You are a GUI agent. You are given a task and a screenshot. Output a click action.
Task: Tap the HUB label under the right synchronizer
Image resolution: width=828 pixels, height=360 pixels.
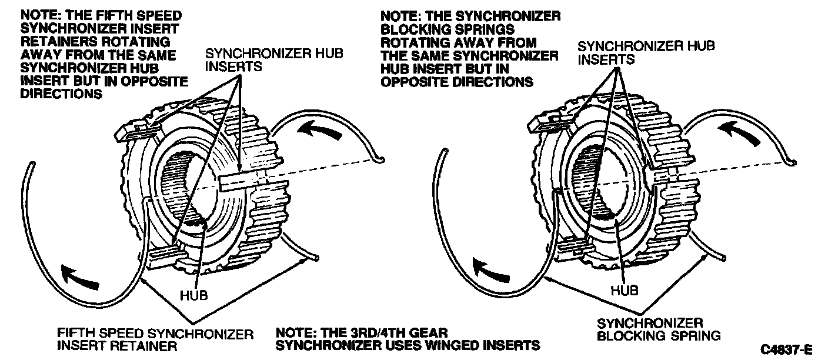pyautogui.click(x=625, y=290)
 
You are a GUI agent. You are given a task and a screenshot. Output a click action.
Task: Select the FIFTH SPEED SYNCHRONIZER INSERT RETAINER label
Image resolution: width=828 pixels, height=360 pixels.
pyautogui.click(x=155, y=340)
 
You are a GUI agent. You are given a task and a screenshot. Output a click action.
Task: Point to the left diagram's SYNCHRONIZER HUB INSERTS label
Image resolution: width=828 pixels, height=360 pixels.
pyautogui.click(x=273, y=60)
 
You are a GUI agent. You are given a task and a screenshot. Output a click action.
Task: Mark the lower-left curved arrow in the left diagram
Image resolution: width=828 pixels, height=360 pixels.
pyautogui.click(x=80, y=275)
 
